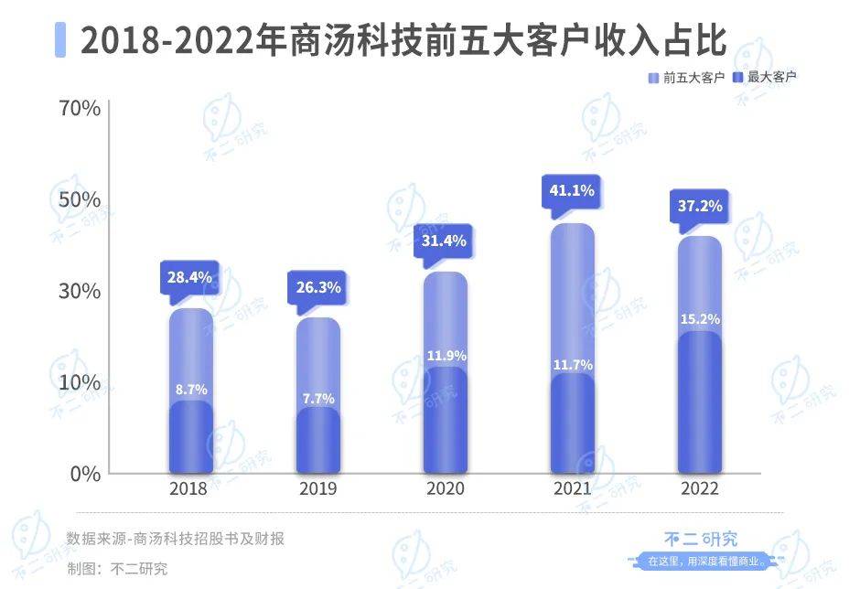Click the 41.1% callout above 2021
tap(573, 191)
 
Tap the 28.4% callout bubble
tap(189, 275)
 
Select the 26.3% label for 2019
tap(318, 287)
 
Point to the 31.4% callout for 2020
tap(446, 241)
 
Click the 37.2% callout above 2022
tap(700, 206)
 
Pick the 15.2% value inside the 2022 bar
tap(700, 319)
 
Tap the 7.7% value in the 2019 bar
tap(318, 398)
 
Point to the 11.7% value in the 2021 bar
tap(573, 364)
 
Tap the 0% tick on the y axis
tap(85, 474)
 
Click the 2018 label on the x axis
tap(188, 488)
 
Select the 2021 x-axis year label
tap(573, 488)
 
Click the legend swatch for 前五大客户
tap(653, 78)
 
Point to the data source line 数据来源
tap(175, 539)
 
